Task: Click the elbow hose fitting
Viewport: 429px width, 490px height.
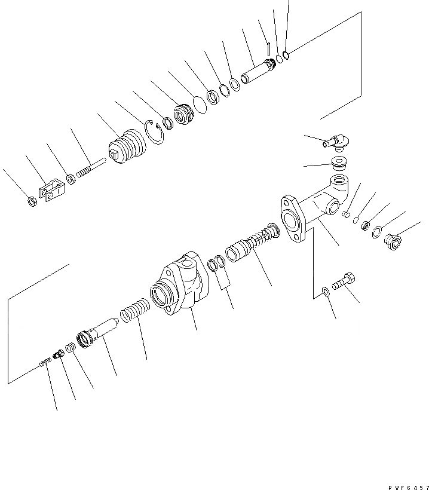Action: click(338, 141)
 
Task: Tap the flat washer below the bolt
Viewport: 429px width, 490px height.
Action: click(325, 292)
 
